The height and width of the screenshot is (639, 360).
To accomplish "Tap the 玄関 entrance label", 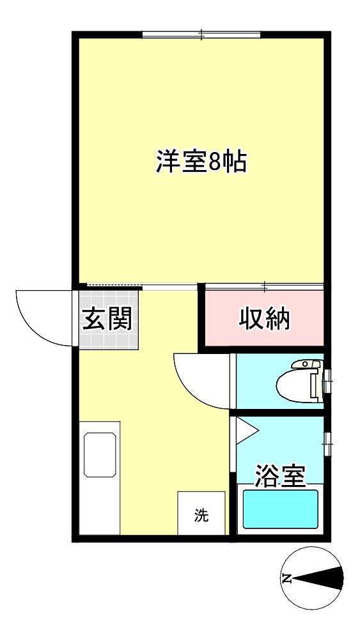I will coord(107,318).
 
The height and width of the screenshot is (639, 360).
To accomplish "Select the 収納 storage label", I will coord(265,318).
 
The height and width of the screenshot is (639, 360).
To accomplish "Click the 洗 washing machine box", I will coord(201,514).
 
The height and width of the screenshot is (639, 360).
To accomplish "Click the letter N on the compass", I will coord(287,580).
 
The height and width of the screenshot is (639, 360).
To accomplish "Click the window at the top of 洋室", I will coord(201,34).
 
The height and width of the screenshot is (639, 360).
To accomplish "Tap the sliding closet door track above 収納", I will coord(265,285).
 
